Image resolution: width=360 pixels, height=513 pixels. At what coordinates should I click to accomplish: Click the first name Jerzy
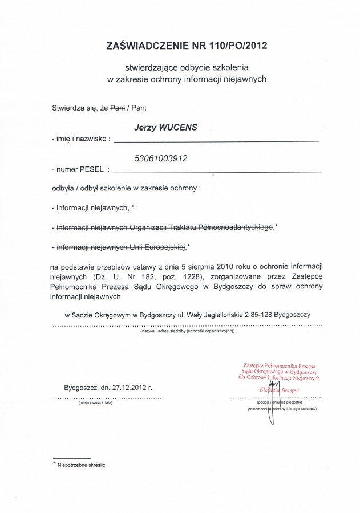click(x=144, y=128)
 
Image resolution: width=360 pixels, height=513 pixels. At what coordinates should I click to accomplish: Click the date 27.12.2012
click(x=129, y=387)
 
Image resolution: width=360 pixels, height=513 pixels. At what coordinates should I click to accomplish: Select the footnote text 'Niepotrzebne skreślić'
click(x=82, y=465)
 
